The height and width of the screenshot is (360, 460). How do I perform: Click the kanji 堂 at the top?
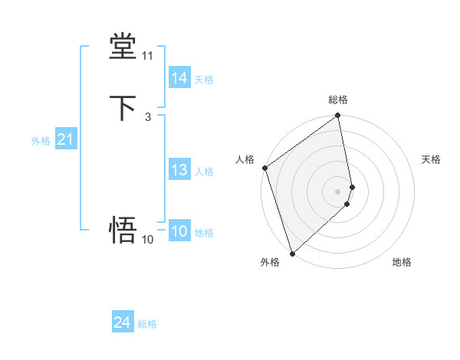click(123, 46)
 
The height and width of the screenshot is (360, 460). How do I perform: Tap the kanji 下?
click(123, 107)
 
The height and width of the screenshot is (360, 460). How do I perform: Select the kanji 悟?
click(123, 230)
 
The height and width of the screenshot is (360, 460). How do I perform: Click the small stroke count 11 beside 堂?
click(147, 56)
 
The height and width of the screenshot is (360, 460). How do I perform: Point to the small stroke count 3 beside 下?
click(147, 117)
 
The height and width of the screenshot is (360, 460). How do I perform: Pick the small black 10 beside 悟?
click(147, 240)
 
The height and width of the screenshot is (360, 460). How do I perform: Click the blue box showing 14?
click(179, 78)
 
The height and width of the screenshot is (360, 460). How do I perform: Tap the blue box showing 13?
click(179, 170)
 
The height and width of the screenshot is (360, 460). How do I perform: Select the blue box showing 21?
click(65, 140)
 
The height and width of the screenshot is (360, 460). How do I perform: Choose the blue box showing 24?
click(122, 323)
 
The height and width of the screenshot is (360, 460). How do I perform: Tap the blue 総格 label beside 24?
click(147, 324)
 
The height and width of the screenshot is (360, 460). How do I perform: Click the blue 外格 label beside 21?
click(41, 141)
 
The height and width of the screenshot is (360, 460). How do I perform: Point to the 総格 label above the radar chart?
click(338, 100)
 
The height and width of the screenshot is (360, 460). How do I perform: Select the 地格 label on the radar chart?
click(402, 262)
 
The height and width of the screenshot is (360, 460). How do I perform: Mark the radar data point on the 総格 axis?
click(338, 116)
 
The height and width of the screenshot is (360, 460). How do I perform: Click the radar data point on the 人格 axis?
click(265, 168)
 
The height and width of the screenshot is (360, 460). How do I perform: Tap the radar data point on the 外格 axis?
click(292, 253)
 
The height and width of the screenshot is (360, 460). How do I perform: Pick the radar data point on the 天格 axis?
click(352, 186)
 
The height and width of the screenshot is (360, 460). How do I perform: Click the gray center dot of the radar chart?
click(338, 191)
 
